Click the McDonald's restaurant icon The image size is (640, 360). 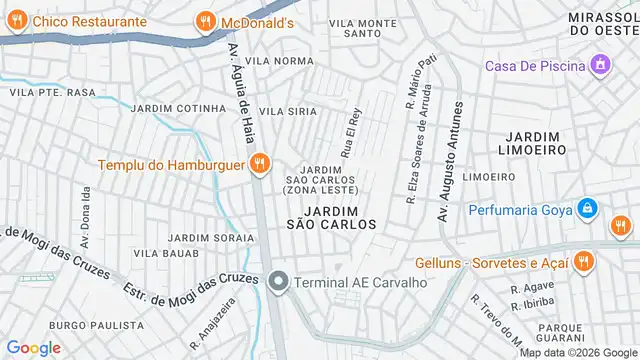click(x=205, y=21)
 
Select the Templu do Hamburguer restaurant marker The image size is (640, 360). click(x=259, y=164)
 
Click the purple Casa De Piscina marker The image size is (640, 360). click(x=600, y=66)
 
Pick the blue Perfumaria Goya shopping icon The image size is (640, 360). click(x=588, y=210)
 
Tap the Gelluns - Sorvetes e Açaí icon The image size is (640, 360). click(x=582, y=262)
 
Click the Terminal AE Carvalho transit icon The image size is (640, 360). click(x=279, y=283)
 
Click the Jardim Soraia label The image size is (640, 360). click(x=210, y=237)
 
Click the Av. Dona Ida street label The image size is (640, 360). click(x=86, y=215)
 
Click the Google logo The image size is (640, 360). click(x=34, y=347)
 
